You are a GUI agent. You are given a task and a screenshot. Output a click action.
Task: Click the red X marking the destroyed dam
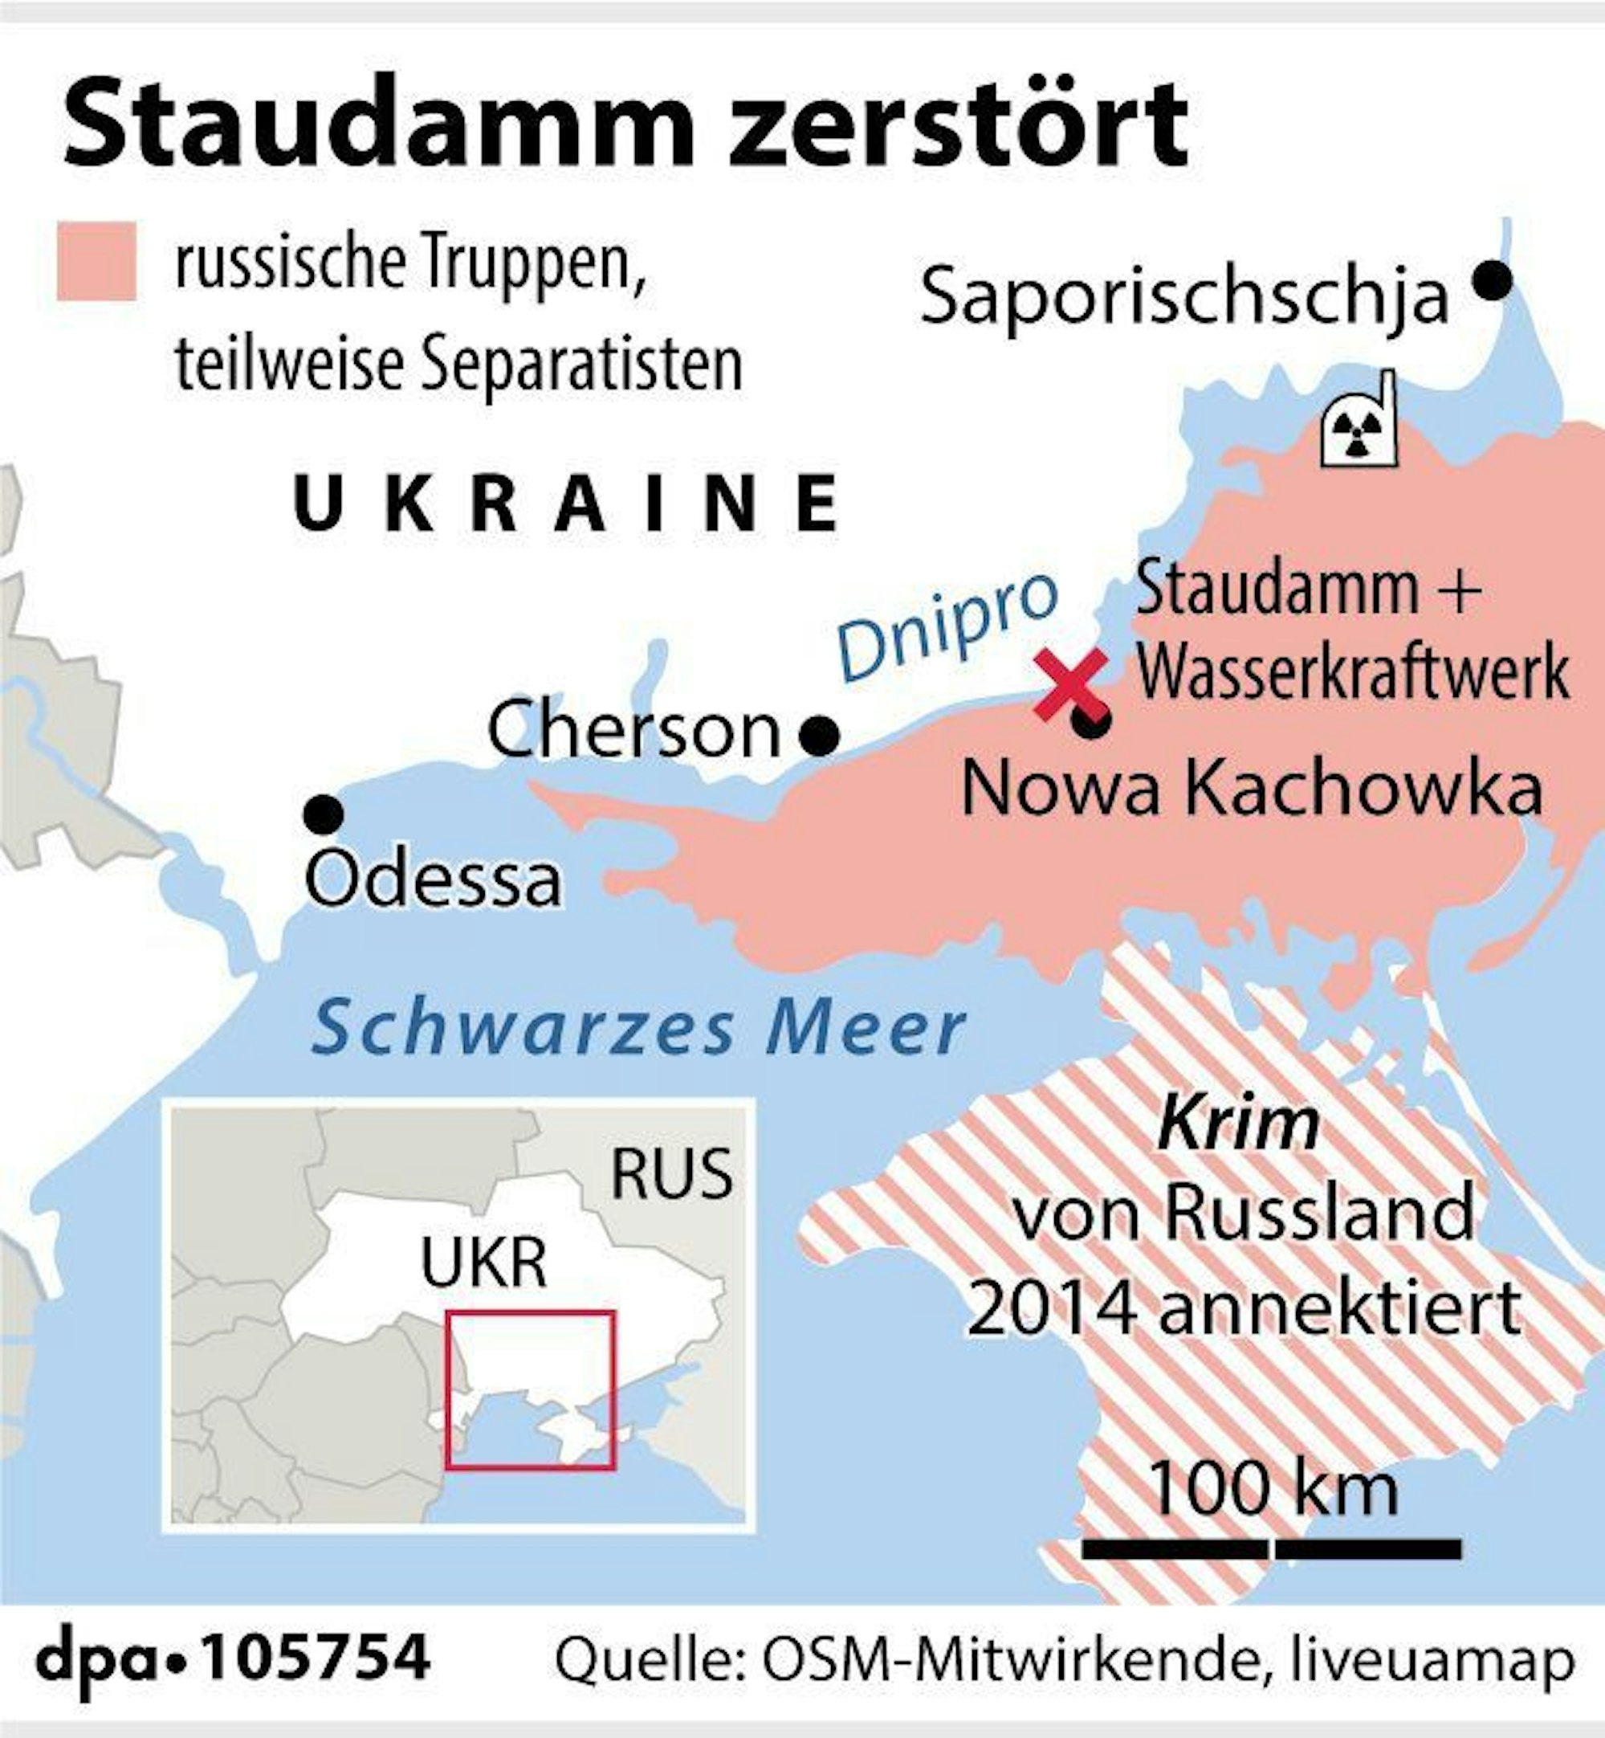click(x=1070, y=684)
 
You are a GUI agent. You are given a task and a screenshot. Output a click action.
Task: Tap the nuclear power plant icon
click(x=1357, y=422)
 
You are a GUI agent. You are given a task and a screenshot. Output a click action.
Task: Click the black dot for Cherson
click(x=819, y=736)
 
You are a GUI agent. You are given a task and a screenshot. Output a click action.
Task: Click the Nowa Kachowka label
click(x=1252, y=789)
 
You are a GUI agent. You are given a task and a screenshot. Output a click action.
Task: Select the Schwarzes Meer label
click(x=638, y=1027)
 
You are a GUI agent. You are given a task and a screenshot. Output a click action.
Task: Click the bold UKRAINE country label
click(x=567, y=504)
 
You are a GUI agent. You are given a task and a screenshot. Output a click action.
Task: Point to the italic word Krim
click(x=1237, y=1124)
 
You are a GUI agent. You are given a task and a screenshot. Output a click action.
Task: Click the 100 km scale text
click(x=1273, y=1491)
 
